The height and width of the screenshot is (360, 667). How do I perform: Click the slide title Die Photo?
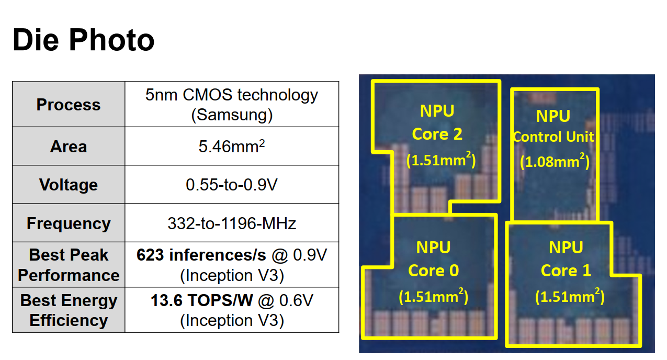coord(83,40)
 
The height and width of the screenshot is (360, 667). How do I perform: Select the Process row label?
coord(68,105)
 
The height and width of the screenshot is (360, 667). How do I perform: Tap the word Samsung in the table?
coord(232,115)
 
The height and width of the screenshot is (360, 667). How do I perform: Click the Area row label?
coord(68,147)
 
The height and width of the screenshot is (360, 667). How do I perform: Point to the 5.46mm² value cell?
coord(231,147)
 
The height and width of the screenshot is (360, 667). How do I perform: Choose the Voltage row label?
coord(68,185)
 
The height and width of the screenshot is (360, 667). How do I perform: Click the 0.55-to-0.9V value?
coord(231,185)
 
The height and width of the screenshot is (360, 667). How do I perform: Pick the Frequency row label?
coord(68,223)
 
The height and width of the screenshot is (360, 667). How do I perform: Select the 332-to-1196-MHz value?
coord(231,223)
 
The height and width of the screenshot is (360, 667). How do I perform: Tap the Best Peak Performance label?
coord(68,265)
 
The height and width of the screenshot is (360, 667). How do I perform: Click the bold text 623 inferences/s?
coord(201,255)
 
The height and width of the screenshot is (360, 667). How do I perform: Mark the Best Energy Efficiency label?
coord(68,310)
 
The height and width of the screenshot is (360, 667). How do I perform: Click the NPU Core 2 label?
coord(437,122)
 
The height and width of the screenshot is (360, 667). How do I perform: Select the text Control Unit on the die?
coord(553,137)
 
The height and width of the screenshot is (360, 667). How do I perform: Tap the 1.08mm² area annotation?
coord(555,162)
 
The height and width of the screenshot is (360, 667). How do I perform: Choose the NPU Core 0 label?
coord(433,258)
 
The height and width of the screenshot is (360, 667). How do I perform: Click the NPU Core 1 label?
coord(566,258)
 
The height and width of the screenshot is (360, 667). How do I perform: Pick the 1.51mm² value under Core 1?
coord(570,297)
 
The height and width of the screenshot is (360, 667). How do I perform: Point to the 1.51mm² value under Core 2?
coord(441,160)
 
